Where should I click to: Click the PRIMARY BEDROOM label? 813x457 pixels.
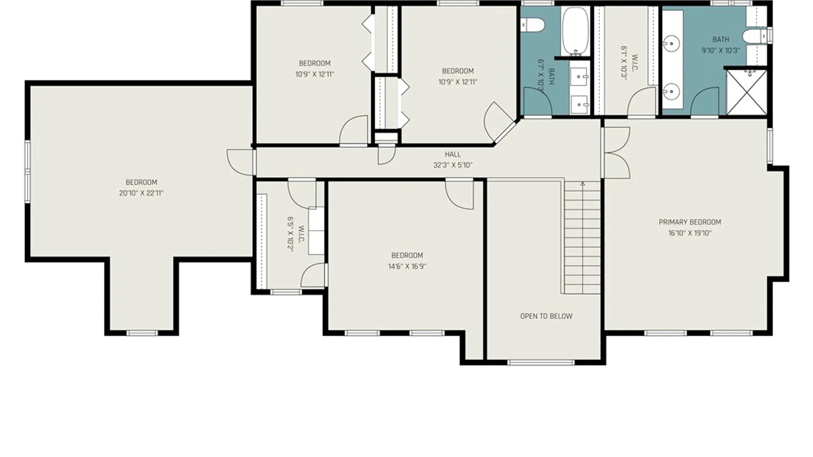click(690, 222)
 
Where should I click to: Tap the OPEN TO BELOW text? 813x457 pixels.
click(546, 316)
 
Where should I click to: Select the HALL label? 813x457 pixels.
click(453, 154)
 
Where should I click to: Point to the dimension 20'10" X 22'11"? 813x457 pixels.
click(141, 193)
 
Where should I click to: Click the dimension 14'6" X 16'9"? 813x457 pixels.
click(407, 267)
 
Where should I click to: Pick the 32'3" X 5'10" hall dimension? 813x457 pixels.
click(453, 165)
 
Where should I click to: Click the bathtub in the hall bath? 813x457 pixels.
click(575, 32)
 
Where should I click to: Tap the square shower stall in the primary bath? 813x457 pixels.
click(747, 92)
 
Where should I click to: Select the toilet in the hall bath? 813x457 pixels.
click(532, 25)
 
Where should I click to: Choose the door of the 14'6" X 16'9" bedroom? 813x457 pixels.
click(459, 194)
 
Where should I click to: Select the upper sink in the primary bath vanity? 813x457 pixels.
click(671, 43)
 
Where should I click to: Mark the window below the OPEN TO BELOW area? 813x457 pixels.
click(541, 362)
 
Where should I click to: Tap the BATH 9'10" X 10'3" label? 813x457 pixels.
click(721, 45)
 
